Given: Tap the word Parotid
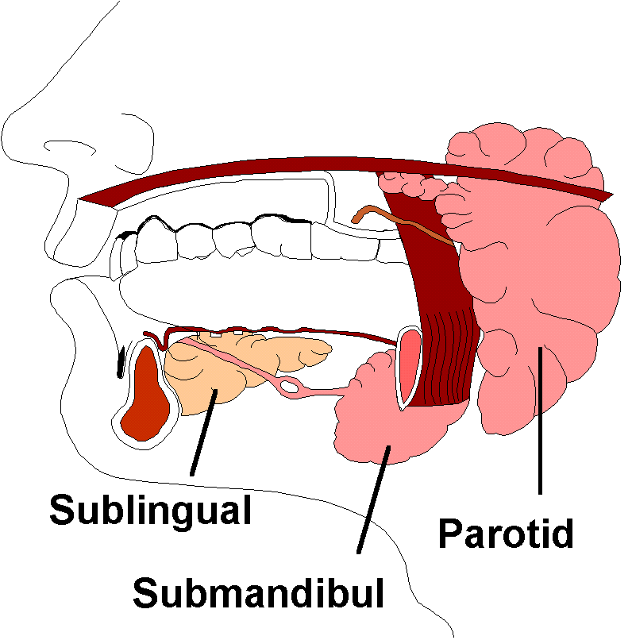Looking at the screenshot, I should click(x=506, y=534).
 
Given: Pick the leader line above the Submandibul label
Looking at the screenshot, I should click(x=373, y=500).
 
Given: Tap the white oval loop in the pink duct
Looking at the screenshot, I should click(x=291, y=387).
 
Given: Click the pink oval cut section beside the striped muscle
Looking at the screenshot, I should click(x=410, y=365).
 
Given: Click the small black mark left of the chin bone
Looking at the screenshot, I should click(x=121, y=361).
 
